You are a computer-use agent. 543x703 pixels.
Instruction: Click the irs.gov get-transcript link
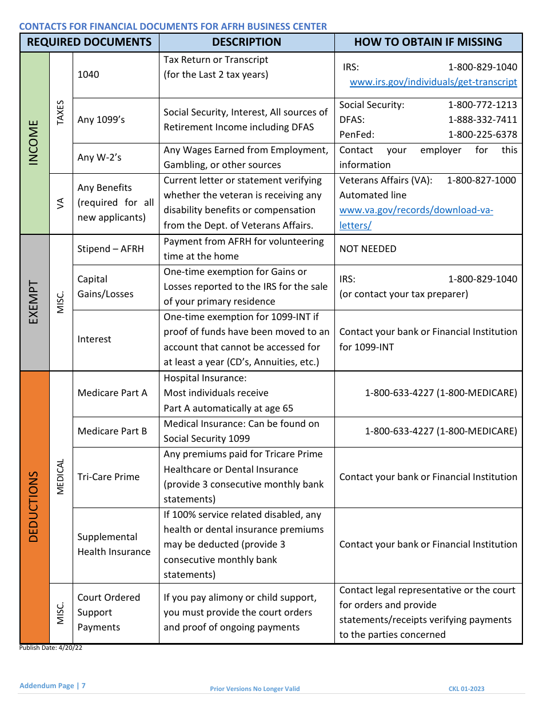click(433, 82)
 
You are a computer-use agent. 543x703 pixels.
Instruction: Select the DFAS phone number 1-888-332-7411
click(482, 119)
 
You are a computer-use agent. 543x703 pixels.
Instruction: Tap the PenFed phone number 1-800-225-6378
click(482, 135)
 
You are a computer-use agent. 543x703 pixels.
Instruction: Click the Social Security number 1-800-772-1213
click(482, 105)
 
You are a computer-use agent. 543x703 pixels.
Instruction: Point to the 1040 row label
click(88, 74)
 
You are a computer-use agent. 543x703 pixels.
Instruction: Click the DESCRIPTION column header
click(246, 42)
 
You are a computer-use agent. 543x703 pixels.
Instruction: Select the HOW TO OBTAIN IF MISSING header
click(428, 42)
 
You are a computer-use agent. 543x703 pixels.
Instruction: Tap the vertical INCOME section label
click(34, 143)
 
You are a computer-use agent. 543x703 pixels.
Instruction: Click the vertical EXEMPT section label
click(34, 302)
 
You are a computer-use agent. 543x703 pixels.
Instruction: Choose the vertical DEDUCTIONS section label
click(34, 506)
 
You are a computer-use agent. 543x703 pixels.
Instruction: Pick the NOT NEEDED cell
click(368, 249)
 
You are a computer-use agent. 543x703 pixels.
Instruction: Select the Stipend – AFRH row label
click(110, 249)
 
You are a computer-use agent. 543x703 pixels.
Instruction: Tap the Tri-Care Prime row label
click(108, 477)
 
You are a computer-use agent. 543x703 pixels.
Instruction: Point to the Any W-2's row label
click(99, 158)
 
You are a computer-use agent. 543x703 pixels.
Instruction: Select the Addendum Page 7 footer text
click(52, 685)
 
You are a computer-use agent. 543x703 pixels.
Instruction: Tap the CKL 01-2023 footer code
click(466, 689)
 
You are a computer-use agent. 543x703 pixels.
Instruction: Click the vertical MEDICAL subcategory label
click(61, 477)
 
